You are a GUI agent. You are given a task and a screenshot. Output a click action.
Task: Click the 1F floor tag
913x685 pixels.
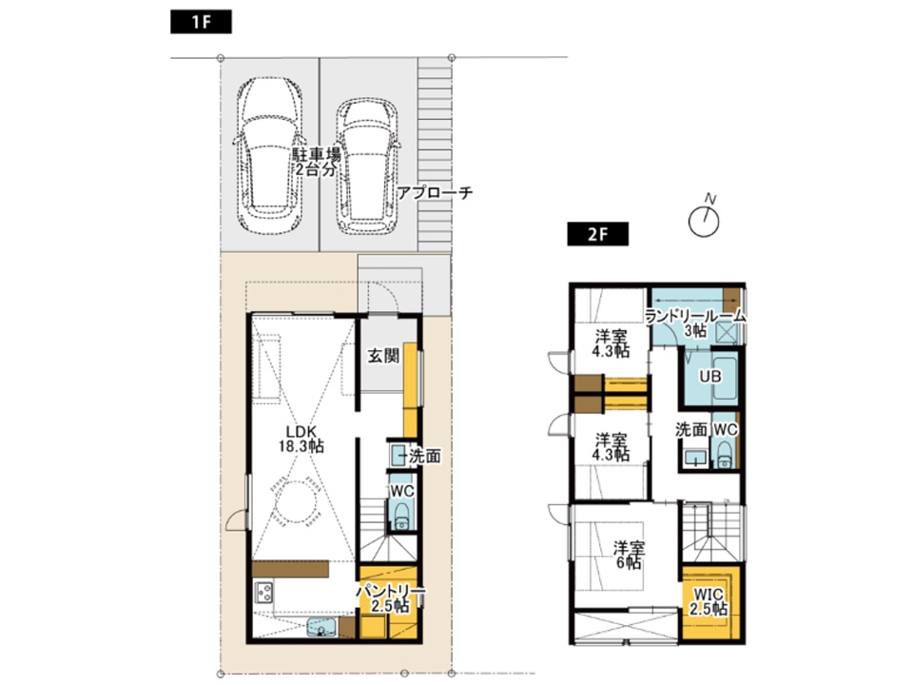(x=201, y=22)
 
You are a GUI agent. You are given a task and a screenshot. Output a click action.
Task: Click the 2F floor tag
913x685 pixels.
(x=597, y=234)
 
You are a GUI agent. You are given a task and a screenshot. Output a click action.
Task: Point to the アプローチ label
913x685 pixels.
(x=435, y=192)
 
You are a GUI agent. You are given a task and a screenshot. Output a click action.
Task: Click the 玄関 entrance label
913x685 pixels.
(x=383, y=355)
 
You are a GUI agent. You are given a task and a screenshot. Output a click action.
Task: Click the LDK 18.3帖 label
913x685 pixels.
(x=301, y=439)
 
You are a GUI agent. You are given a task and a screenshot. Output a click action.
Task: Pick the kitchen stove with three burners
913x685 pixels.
(x=264, y=593)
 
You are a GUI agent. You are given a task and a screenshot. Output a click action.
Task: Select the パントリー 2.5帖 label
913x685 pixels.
(x=391, y=598)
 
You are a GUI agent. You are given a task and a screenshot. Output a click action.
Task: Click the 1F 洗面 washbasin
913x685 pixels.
(x=398, y=455)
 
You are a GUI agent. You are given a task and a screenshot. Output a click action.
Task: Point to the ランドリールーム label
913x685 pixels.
(x=695, y=316)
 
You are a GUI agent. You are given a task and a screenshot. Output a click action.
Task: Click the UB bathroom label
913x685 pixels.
(x=710, y=377)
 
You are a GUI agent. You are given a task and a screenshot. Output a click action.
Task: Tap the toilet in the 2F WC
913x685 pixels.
(x=725, y=453)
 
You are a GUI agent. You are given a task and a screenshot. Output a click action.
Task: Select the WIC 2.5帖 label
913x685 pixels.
(x=709, y=601)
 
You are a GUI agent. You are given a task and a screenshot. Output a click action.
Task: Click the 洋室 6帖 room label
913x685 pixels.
(x=629, y=556)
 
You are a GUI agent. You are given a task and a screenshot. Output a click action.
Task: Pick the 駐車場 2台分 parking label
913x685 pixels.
(x=316, y=163)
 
